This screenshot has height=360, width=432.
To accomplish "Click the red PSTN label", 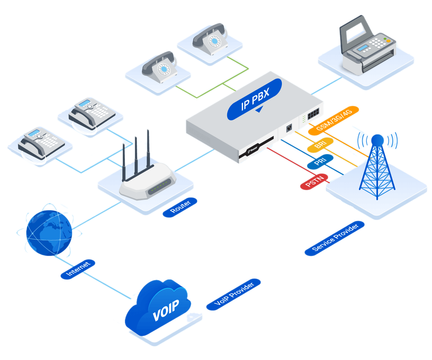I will [314, 181].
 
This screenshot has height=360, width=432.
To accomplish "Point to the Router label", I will [180, 207].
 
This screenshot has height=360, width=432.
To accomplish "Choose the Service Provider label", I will [334, 238].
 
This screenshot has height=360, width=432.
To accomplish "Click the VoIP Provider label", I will [234, 294].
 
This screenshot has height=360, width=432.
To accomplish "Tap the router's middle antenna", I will [136, 157].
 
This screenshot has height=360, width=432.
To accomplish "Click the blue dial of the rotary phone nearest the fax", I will [215, 41].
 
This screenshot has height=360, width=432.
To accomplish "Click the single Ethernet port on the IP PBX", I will [289, 128].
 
